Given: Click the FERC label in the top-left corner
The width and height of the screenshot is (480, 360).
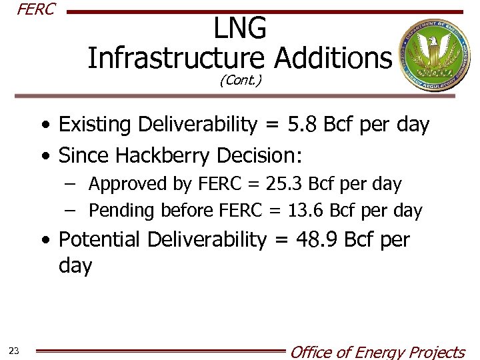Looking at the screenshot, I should [x=35, y=10].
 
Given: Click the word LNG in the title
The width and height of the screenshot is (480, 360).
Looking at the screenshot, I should [x=240, y=29].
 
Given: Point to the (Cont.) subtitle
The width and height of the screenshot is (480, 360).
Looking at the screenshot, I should [x=240, y=81].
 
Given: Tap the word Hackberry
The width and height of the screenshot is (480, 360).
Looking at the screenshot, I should [x=163, y=155].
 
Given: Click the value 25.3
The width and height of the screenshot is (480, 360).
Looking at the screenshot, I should [x=285, y=183].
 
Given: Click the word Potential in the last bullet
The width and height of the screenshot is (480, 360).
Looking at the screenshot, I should [x=99, y=239].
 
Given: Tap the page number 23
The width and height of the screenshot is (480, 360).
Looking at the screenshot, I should [x=14, y=351].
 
